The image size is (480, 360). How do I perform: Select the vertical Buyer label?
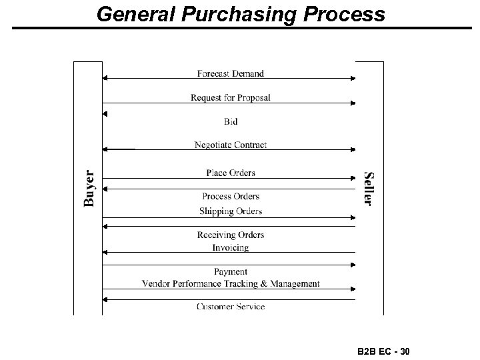(x=89, y=187)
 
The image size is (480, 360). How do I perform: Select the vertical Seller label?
(x=368, y=189)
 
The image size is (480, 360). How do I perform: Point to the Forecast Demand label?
(x=231, y=73)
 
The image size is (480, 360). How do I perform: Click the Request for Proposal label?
(x=231, y=97)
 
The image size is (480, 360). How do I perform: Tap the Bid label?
(x=231, y=121)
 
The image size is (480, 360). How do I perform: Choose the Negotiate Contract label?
(x=231, y=145)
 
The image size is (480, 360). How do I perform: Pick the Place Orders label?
(x=231, y=173)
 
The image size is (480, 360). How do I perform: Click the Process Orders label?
(x=231, y=196)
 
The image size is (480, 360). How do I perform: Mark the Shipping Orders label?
(x=231, y=211)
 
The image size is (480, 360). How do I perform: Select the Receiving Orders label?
(x=231, y=235)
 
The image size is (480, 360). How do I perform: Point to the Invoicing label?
(x=231, y=247)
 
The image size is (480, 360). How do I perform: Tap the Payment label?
(x=231, y=271)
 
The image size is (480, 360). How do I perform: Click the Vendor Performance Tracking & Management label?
(x=231, y=283)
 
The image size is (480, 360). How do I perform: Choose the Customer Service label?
(x=231, y=307)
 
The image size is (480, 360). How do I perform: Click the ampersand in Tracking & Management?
(x=263, y=283)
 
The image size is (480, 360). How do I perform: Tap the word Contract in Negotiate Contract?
(x=250, y=145)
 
